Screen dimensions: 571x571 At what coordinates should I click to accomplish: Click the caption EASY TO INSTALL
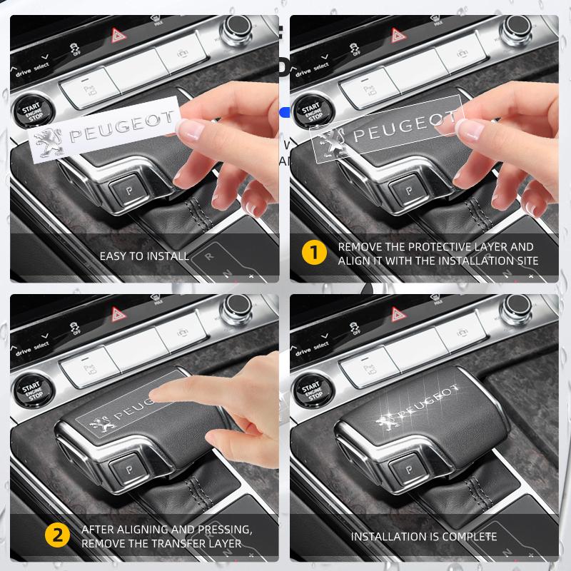pyautogui.click(x=144, y=255)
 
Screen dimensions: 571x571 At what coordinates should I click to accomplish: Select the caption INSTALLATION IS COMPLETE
pyautogui.click(x=423, y=535)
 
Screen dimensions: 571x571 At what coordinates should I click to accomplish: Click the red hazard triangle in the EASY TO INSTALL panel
pyautogui.click(x=116, y=34)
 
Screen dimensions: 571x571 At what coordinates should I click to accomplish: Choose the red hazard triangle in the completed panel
pyautogui.click(x=396, y=314)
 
